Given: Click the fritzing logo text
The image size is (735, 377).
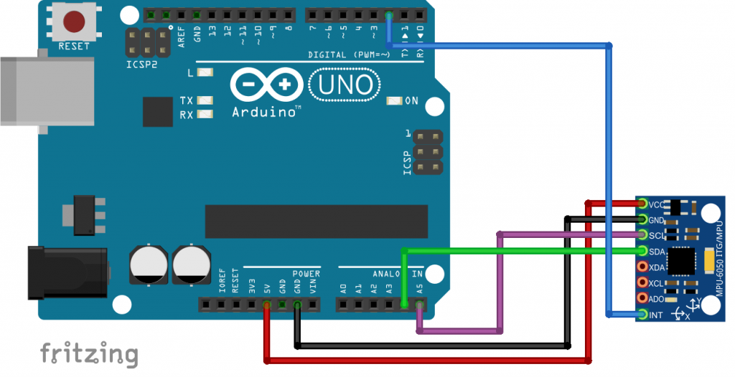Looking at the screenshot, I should (89, 353).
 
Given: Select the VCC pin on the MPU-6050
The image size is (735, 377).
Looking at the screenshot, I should (643, 204).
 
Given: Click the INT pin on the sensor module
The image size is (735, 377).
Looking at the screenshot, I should (643, 314).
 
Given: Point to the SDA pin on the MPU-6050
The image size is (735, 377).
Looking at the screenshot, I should (643, 251).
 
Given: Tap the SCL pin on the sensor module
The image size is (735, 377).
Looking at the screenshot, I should (643, 235).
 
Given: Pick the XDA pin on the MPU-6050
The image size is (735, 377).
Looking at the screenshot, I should (643, 267).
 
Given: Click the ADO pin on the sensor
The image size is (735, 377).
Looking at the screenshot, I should (643, 298).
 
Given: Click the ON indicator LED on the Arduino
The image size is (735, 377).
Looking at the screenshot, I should (394, 101).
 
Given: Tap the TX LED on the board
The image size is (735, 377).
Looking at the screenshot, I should (206, 100).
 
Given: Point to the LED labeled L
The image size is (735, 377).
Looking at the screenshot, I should (206, 73).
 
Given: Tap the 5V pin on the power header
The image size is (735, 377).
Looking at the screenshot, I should (267, 305).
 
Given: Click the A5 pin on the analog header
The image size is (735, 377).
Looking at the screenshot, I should (420, 305).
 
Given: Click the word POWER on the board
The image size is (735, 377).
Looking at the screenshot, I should (306, 274).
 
